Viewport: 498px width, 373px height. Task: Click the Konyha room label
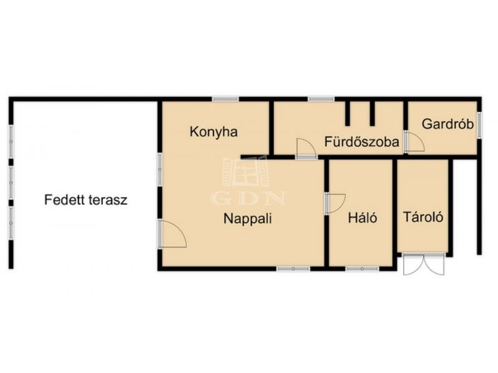(x=214, y=132)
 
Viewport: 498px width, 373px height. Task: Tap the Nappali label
(x=248, y=219)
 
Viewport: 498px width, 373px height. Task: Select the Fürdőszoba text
(x=362, y=142)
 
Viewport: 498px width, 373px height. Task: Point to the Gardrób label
(x=448, y=124)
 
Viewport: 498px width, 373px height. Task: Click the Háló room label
(x=363, y=218)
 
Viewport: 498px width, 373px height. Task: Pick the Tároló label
(x=423, y=217)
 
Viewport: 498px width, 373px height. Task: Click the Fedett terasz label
(x=86, y=200)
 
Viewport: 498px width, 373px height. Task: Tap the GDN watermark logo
(x=248, y=181)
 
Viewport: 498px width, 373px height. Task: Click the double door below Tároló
(x=424, y=264)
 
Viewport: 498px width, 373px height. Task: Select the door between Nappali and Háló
(x=335, y=203)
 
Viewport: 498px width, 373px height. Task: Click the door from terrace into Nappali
(x=172, y=234)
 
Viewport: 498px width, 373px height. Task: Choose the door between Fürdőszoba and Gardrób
(x=414, y=142)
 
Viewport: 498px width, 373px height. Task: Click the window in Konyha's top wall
(x=225, y=99)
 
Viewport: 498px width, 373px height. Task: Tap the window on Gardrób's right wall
(x=479, y=126)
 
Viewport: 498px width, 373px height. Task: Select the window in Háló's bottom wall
(x=362, y=269)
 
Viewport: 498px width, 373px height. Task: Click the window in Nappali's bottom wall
(x=293, y=269)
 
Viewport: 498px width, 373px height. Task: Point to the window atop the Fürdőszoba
(x=321, y=99)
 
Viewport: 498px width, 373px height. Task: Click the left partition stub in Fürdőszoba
(x=348, y=113)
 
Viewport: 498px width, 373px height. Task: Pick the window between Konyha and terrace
(x=160, y=170)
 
